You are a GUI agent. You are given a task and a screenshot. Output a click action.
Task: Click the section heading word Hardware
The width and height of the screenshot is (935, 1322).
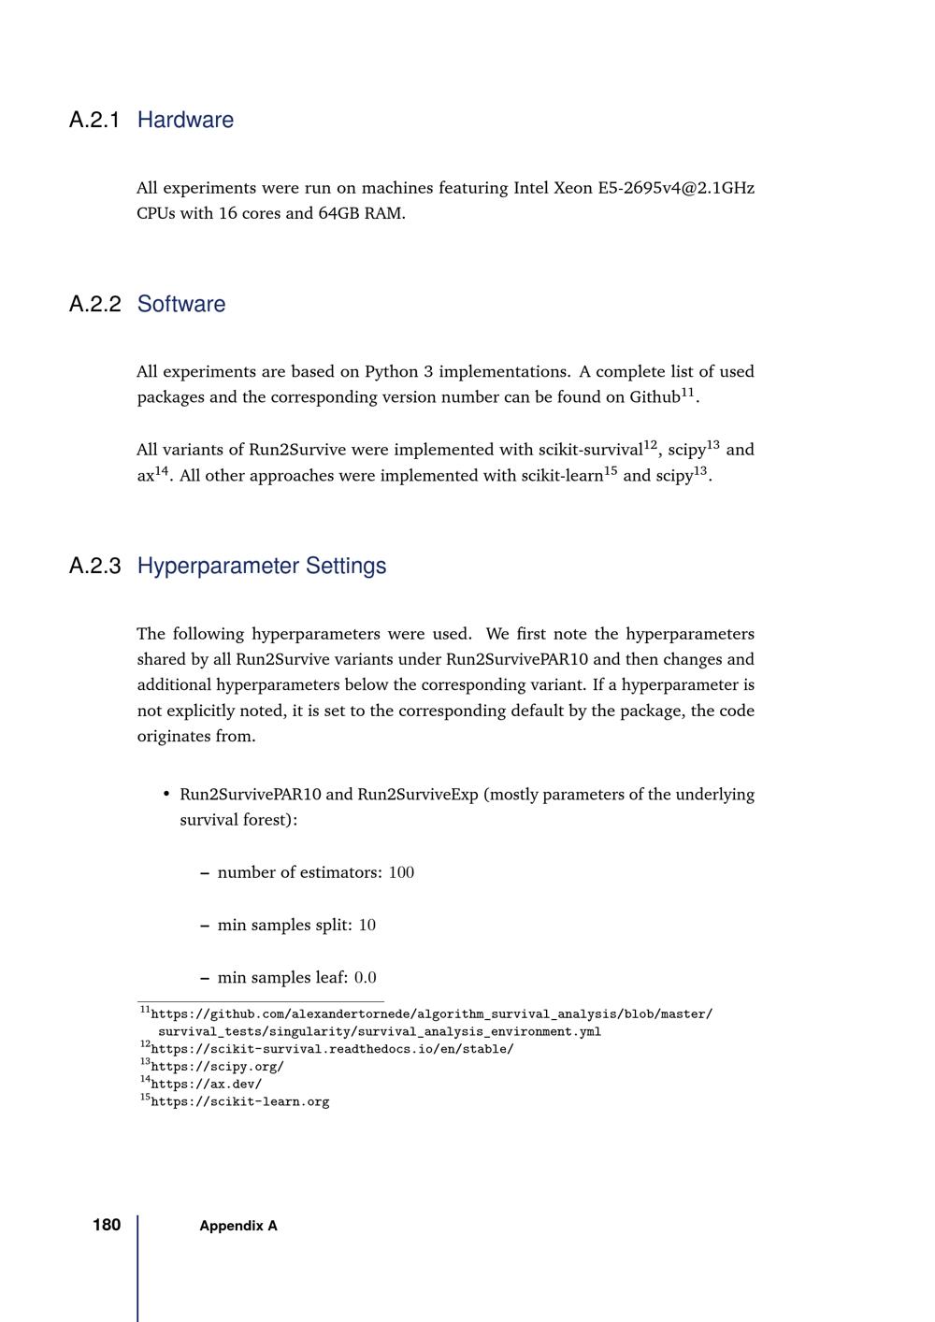coord(185,120)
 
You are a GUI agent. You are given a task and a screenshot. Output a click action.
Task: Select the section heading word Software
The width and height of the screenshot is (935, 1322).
coord(181,304)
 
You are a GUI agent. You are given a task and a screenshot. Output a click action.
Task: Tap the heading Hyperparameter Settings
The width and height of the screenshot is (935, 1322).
coord(262,566)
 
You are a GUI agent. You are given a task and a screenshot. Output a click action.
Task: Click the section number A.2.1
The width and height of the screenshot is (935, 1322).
coord(94,120)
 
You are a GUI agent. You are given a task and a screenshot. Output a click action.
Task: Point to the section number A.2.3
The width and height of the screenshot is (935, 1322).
coord(94,566)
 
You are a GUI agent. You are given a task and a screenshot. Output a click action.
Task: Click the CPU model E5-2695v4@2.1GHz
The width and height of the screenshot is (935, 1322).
coord(676,188)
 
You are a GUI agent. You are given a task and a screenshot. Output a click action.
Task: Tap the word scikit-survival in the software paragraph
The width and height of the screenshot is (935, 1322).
coord(590,450)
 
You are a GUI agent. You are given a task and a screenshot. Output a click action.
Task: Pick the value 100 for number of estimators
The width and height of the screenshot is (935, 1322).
coord(401,872)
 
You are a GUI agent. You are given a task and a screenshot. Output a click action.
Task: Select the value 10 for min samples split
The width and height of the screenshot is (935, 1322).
coord(367,925)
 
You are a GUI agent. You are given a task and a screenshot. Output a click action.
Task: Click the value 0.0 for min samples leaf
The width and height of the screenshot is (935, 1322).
coord(366,978)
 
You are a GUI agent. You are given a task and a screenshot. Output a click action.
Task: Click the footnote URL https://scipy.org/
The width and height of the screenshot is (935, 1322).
coord(217,1066)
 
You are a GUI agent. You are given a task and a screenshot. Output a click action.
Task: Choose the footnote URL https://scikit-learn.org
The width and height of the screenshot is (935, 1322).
coord(239,1101)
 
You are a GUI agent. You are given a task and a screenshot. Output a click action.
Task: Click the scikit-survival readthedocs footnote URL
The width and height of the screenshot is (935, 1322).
coord(332,1048)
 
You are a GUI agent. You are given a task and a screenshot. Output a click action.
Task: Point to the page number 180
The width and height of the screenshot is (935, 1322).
coord(107,1225)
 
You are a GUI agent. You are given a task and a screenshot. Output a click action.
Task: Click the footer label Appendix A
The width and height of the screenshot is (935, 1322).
coord(238,1226)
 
